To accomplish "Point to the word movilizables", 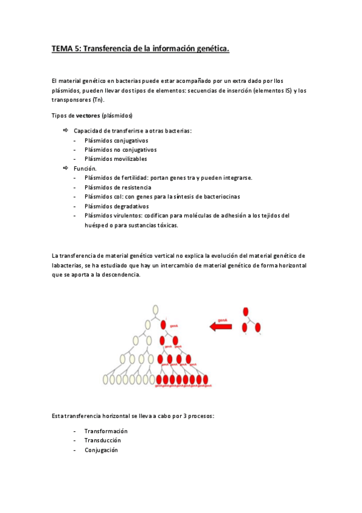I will click(x=128, y=159).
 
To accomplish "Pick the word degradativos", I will click(x=129, y=206).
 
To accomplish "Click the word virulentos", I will click(x=128, y=215).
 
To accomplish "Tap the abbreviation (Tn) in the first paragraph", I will click(x=98, y=100).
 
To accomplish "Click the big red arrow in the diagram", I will click(x=221, y=327).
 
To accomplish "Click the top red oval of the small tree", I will click(x=246, y=312).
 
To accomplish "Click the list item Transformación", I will click(x=106, y=431).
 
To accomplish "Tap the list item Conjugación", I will click(x=102, y=450).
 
